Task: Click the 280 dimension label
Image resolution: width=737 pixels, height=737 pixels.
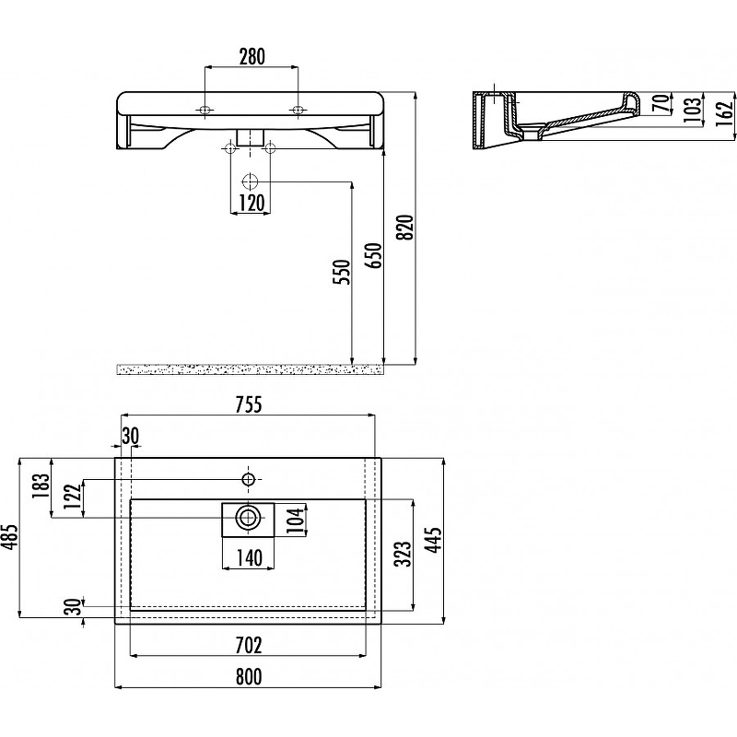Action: [x=252, y=57]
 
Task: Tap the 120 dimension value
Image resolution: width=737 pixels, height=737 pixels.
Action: [x=252, y=203]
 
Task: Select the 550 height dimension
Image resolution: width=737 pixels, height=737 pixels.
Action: [x=342, y=272]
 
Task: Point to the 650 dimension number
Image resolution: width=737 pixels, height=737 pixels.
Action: [x=375, y=255]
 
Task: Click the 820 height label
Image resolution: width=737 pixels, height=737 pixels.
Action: [x=405, y=227]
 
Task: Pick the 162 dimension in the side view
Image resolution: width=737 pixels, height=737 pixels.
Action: [x=726, y=112]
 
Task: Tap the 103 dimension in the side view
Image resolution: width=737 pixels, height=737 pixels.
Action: [x=693, y=110]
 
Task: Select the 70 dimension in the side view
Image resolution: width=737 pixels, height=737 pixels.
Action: [x=661, y=103]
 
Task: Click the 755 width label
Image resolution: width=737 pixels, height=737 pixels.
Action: [x=249, y=404]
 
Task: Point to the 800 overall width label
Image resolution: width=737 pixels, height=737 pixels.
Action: [x=249, y=677]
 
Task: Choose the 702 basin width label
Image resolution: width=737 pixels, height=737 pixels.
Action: [x=249, y=645]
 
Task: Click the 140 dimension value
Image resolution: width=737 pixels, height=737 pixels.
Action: [x=249, y=558]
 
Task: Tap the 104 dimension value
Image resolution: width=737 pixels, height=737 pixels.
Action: [x=297, y=519]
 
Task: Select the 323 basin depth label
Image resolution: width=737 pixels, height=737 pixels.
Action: [x=404, y=555]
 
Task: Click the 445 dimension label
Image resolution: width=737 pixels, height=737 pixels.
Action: [x=435, y=540]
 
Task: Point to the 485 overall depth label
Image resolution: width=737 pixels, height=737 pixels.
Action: [x=9, y=537]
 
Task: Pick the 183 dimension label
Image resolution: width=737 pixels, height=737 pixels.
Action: [x=41, y=487]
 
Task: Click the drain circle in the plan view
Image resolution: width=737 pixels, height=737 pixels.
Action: [x=248, y=518]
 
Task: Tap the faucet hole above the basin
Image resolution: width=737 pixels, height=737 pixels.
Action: [x=248, y=479]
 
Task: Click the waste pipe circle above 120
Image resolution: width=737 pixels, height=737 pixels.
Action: [x=250, y=181]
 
